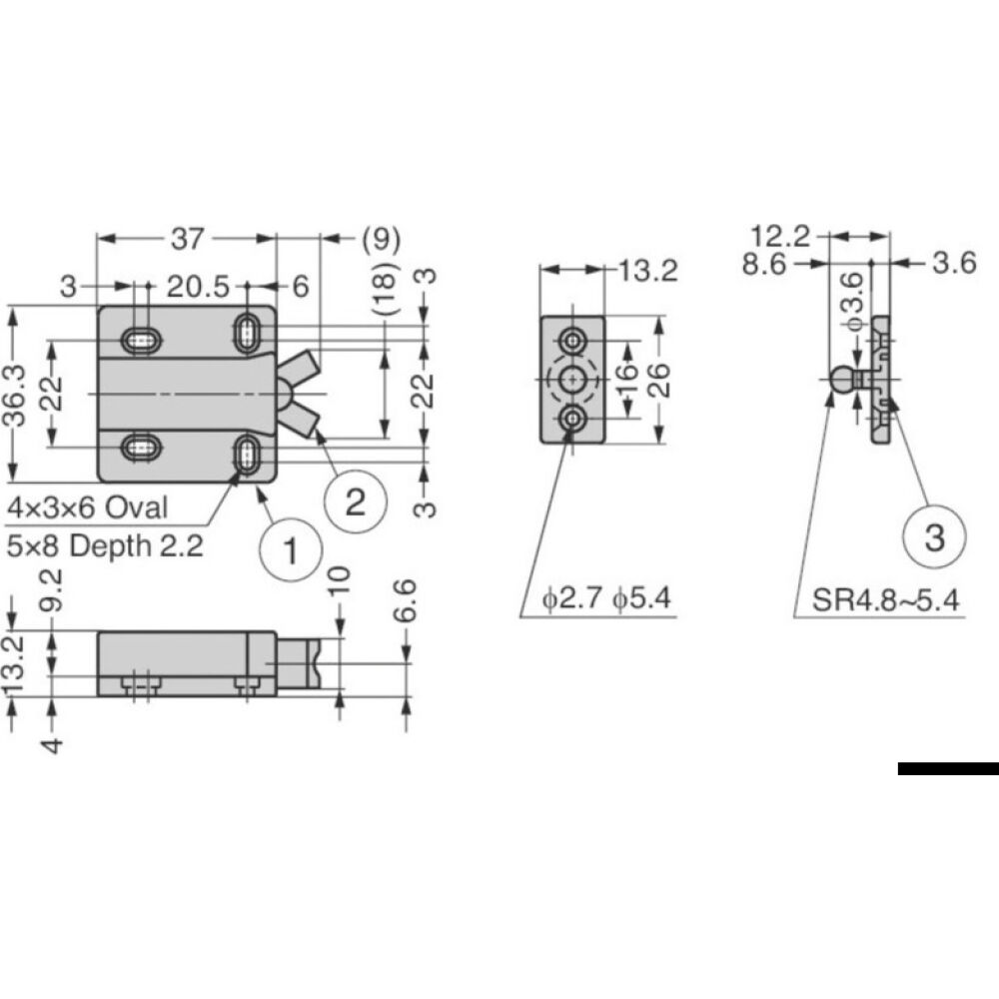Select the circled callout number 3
click(x=933, y=537)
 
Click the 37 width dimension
click(x=187, y=239)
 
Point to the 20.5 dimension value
click(x=194, y=287)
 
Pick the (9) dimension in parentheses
click(x=381, y=239)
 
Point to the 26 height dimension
click(x=658, y=380)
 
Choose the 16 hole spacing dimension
click(x=626, y=381)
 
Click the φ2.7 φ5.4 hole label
click(x=605, y=599)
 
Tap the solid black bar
click(x=947, y=768)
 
